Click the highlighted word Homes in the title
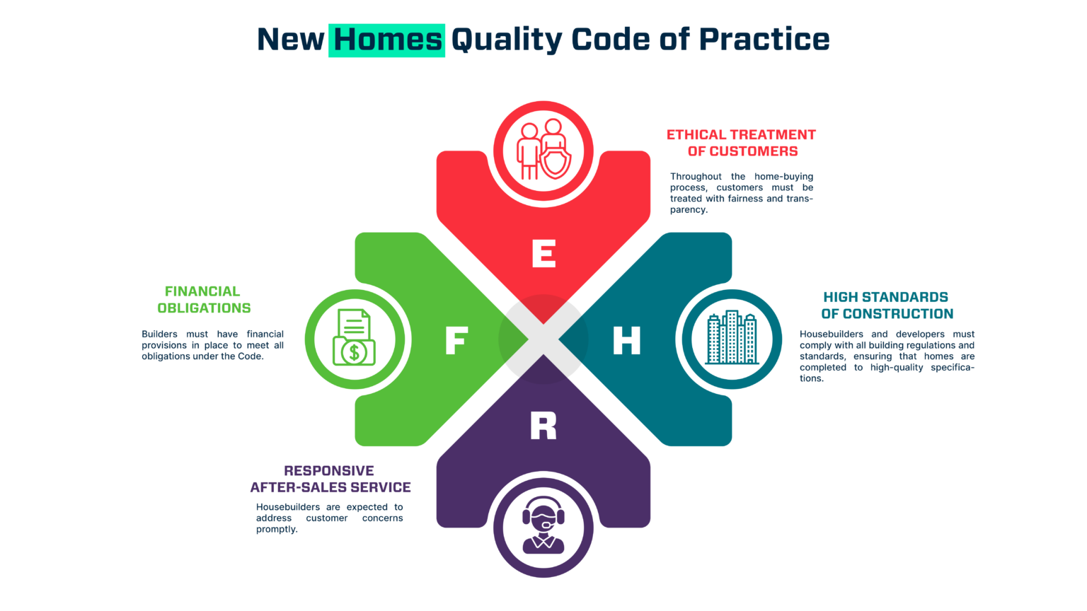[386, 40]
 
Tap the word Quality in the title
[506, 40]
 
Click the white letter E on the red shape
[543, 253]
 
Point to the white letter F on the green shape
[456, 340]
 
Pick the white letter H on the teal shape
[626, 340]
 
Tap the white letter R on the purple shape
[543, 426]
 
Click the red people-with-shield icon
[543, 150]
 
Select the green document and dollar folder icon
[354, 338]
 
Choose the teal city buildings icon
[732, 338]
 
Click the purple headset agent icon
[543, 525]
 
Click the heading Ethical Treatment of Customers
[741, 143]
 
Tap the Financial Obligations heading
[204, 300]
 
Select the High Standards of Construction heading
[887, 305]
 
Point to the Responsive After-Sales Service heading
[330, 479]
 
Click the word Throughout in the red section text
[696, 177]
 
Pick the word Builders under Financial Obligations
[159, 334]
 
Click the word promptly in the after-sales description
[277, 530]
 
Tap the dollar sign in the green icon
[355, 351]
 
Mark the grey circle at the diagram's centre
[543, 339]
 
